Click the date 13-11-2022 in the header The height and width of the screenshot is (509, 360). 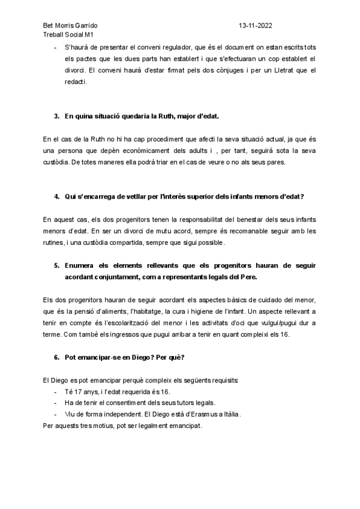tap(256, 26)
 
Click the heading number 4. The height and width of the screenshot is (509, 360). tap(56, 197)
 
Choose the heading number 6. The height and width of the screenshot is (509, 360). tap(56, 358)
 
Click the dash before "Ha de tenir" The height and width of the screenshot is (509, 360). tap(56, 403)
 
